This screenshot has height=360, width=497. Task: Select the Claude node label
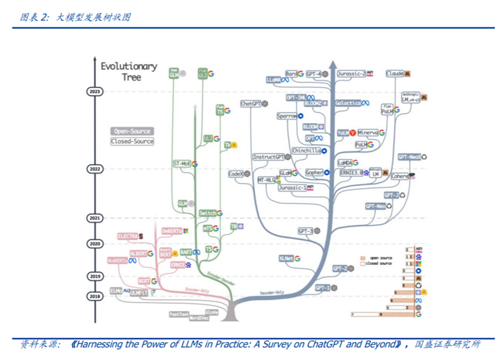395,73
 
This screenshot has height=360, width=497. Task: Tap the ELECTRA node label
128,235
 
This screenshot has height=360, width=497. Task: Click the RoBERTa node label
117,261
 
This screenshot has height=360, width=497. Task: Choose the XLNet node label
286,257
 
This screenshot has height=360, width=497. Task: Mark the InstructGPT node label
270,157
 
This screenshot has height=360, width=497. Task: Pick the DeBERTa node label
171,231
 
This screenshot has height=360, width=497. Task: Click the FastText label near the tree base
179,314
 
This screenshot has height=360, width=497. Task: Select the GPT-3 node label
305,230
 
